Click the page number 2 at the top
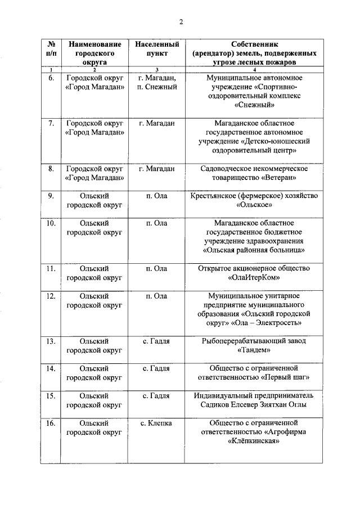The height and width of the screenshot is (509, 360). tap(181, 22)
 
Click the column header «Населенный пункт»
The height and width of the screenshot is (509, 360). tap(157, 48)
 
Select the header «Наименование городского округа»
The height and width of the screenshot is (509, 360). tap(94, 53)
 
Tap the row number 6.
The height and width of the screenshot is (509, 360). tap(51, 78)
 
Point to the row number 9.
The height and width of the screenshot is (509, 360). tap(51, 196)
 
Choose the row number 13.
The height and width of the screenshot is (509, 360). tap(51, 341)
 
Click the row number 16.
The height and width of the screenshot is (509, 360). tap(51, 423)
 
